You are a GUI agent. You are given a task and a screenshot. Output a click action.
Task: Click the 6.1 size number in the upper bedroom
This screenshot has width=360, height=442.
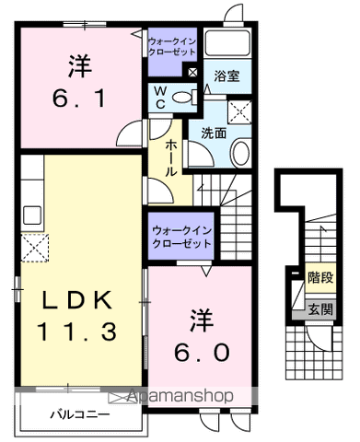point(79,98)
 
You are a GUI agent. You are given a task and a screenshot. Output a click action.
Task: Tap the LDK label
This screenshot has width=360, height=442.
point(76,300)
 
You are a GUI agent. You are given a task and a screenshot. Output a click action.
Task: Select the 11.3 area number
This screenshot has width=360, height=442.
point(76,331)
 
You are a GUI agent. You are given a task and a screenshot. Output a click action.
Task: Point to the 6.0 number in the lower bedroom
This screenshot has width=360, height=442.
point(202,352)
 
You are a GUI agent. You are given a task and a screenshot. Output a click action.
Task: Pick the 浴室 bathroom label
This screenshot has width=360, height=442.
point(226,76)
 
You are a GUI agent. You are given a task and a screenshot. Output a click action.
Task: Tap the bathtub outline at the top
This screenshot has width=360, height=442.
point(227,42)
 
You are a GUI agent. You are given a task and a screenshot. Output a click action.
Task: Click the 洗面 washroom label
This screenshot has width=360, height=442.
point(214,134)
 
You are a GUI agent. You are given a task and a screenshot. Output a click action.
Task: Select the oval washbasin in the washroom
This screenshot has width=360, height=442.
point(240,153)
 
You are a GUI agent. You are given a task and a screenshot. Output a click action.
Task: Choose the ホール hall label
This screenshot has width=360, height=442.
point(171,158)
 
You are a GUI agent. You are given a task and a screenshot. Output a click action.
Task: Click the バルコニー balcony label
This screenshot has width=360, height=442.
point(80,415)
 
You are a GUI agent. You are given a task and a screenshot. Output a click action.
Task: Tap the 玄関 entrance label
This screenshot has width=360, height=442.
point(320,309)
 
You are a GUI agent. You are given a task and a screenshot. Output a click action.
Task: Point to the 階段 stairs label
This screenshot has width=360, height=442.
point(320,277)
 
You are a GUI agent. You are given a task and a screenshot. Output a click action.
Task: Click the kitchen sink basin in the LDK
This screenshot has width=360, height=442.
point(32,215)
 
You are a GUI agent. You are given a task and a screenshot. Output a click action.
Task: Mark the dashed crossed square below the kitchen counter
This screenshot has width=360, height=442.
point(35,248)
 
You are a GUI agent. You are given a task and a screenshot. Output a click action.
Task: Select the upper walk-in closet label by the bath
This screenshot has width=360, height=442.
point(172,46)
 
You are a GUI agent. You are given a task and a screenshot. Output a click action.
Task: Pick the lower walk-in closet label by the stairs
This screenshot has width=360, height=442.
point(181,237)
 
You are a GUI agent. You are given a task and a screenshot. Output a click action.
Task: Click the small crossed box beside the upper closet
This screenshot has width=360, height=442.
point(192,73)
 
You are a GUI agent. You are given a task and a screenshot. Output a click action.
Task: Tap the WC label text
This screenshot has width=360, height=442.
point(160,98)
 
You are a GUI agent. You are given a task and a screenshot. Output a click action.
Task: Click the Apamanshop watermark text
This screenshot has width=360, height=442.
point(180,396)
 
